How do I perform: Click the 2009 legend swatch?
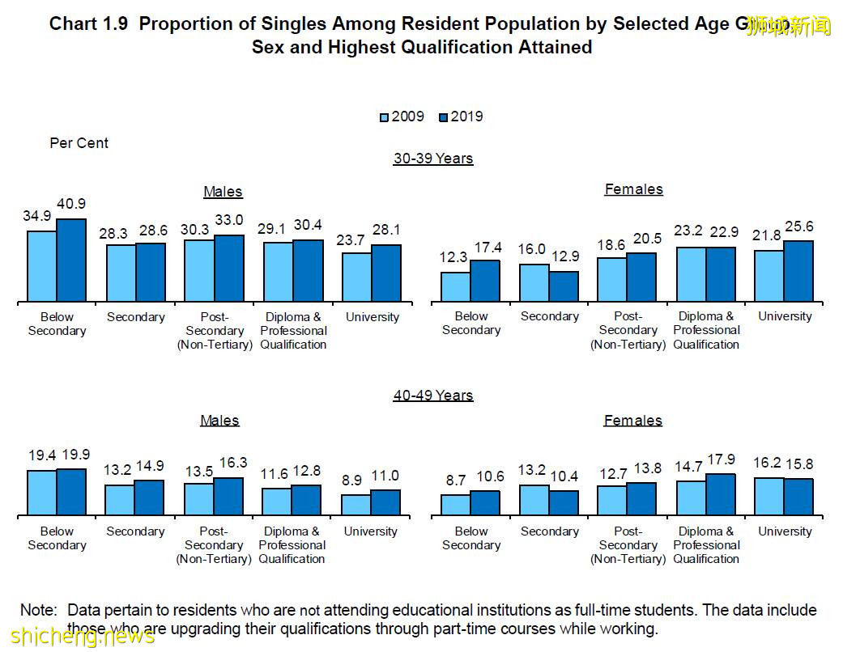[385, 117]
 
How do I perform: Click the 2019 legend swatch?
[444, 117]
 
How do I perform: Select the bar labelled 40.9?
[70, 260]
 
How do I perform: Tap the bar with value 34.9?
[41, 266]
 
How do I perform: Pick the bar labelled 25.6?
[798, 271]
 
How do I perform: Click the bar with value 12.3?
[455, 287]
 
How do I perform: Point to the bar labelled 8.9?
[356, 505]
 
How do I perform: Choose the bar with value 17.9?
[720, 494]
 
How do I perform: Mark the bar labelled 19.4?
[41, 493]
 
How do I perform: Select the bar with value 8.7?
[455, 505]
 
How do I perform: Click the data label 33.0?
[229, 219]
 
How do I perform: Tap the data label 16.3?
[229, 463]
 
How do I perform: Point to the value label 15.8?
[798, 464]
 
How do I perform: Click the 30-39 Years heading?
[433, 159]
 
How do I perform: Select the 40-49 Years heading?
[433, 396]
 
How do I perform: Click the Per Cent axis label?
[79, 143]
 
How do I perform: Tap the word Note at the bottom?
[38, 610]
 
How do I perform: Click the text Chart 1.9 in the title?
[89, 23]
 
